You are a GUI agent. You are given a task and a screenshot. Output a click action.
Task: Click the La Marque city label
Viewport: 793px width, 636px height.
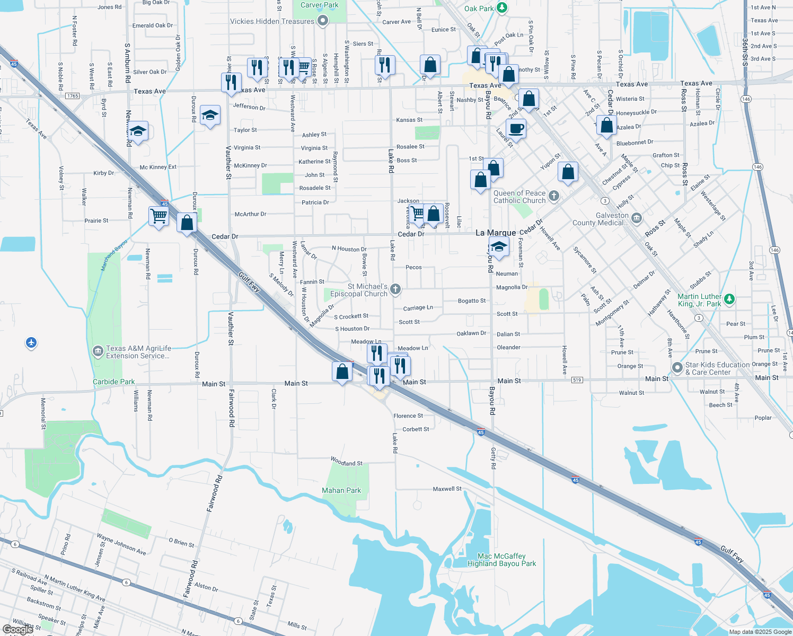496,233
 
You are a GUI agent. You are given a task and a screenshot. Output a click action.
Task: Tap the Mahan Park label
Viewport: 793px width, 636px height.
341,490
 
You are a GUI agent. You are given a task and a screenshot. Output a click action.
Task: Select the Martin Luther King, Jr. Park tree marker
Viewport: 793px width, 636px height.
729,299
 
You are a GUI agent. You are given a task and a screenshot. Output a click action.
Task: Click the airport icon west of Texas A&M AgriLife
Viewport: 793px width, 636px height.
31,343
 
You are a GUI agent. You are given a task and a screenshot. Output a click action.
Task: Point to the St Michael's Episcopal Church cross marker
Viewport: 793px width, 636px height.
395,289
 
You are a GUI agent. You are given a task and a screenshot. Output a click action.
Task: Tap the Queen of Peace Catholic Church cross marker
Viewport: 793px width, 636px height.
554,196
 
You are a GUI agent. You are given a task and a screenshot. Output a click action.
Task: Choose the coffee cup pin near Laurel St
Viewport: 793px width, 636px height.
516,129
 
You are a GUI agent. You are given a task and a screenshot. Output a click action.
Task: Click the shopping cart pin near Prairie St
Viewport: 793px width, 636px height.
158,216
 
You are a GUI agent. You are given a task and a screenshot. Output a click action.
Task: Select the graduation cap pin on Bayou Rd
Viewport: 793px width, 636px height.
498,246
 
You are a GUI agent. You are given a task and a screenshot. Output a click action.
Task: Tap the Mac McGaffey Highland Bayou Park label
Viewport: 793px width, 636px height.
501,560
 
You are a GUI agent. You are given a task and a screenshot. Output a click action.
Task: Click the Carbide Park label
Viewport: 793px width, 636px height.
113,382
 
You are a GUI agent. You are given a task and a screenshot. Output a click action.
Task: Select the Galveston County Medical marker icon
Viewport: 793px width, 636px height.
637,218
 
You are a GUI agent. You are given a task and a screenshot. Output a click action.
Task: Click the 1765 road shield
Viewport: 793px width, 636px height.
72,96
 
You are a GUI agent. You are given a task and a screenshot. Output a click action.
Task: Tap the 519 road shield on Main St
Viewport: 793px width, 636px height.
577,380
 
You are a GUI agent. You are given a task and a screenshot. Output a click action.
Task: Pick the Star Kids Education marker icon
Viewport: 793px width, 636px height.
677,367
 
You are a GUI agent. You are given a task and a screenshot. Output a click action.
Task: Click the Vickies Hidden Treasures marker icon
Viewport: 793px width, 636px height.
323,21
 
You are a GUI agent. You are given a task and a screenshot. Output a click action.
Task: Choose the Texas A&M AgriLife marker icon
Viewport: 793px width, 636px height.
98,351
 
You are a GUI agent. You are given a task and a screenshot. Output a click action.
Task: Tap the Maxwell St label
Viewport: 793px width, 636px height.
447,489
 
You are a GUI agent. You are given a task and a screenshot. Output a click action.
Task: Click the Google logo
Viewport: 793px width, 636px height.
18,630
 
